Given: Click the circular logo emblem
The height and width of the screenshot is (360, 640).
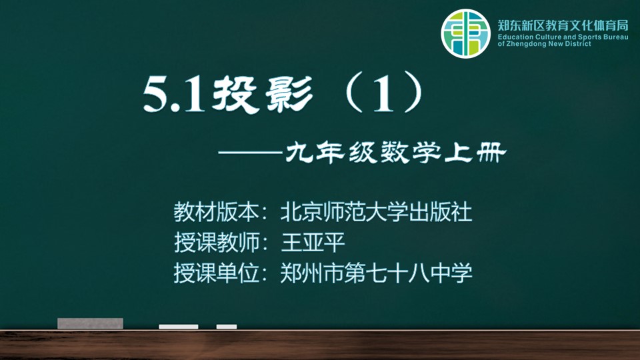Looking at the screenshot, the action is click(465, 33).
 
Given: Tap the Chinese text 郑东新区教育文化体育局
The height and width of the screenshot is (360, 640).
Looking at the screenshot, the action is click(563, 26).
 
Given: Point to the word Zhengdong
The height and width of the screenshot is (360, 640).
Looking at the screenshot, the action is click(527, 44).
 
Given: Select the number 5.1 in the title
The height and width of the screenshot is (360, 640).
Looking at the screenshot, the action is click(173, 95).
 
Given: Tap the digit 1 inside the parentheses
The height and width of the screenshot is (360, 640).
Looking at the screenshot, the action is click(383, 95).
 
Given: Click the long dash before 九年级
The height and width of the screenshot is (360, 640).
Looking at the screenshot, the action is click(251, 153).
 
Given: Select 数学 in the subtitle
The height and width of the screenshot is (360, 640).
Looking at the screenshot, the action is click(411, 153).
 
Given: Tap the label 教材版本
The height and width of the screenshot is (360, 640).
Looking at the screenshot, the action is click(216, 212).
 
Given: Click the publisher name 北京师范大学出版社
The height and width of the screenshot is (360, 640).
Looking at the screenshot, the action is click(376, 212).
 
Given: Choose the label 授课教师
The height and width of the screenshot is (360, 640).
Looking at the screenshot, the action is click(216, 242).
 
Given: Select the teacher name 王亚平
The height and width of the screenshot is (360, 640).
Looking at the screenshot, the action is click(313, 242).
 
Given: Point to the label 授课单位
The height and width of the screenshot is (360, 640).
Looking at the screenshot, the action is click(216, 273).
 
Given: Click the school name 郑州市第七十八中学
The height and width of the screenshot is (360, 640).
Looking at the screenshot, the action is click(376, 273).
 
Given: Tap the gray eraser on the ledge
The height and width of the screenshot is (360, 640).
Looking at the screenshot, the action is click(90, 323).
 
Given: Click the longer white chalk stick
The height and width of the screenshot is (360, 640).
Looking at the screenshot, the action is click(179, 327).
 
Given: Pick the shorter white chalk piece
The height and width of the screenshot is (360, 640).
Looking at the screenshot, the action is click(227, 327).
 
